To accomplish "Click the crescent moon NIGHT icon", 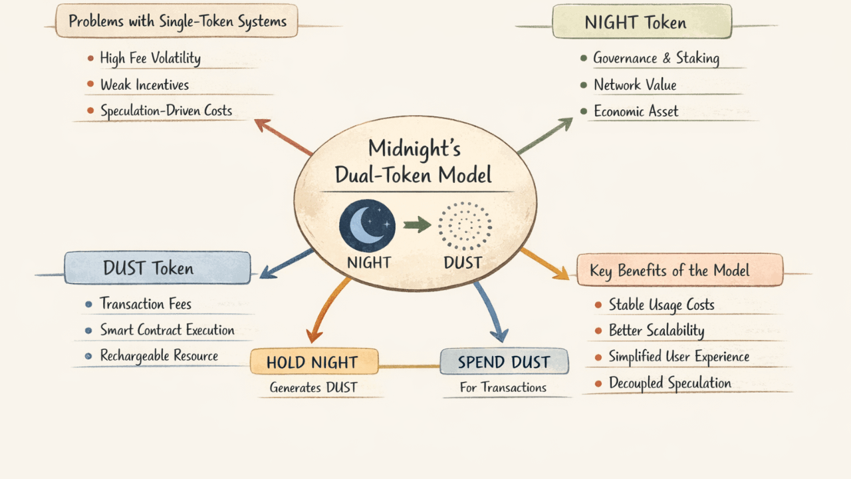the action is tap(367, 225).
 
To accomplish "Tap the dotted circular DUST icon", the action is tap(465, 226).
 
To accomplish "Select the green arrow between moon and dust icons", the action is tap(417, 225).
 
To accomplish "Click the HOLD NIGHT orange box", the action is tap(314, 362).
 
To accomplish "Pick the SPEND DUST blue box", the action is tap(504, 362).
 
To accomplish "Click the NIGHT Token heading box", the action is tap(642, 22).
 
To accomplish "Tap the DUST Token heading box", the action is tap(158, 268).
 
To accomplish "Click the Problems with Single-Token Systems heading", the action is tap(177, 21).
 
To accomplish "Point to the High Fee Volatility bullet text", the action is tap(150, 58).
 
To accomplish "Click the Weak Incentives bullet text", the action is tap(144, 84).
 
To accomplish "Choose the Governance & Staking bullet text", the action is tap(656, 58).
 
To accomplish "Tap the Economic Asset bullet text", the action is tap(636, 111).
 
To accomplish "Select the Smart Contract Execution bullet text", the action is tap(167, 330).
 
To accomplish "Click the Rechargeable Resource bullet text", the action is tap(159, 356).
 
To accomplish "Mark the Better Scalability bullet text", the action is tap(656, 331).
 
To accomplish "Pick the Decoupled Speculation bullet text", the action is tap(669, 383).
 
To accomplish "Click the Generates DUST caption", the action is tap(313, 387).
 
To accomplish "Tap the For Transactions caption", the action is tap(503, 387).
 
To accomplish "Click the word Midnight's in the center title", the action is tap(414, 148).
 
